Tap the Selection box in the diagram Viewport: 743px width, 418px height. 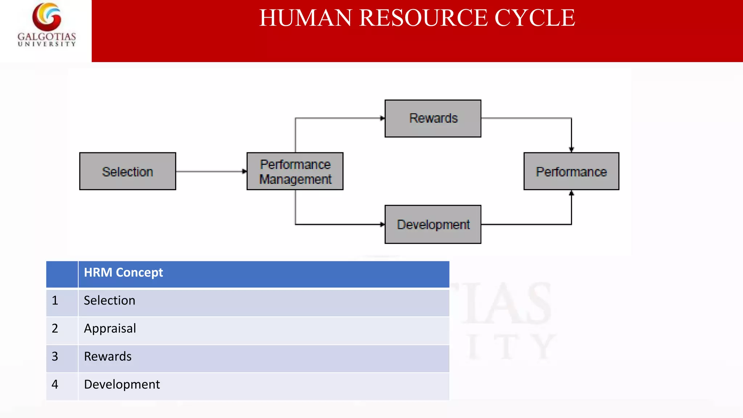click(x=128, y=171)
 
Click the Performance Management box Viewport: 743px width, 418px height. click(x=295, y=171)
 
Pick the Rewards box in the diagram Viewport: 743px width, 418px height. click(x=433, y=118)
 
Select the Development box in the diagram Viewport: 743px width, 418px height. click(x=433, y=224)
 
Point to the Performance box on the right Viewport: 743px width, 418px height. click(x=571, y=171)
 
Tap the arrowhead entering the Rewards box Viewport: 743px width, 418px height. click(x=382, y=118)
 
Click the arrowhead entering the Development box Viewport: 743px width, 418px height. click(x=382, y=225)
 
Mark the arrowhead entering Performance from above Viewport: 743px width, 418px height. click(x=571, y=149)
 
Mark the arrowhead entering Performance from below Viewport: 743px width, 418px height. click(x=571, y=193)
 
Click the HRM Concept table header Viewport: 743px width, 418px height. click(x=123, y=272)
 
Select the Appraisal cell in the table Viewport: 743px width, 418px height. click(x=110, y=328)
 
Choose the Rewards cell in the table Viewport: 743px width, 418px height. click(x=108, y=356)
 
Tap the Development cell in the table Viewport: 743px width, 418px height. click(x=122, y=384)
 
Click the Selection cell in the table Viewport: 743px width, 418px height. click(x=110, y=300)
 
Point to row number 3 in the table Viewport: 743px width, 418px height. click(x=55, y=356)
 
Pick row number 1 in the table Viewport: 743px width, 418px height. click(x=55, y=300)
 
